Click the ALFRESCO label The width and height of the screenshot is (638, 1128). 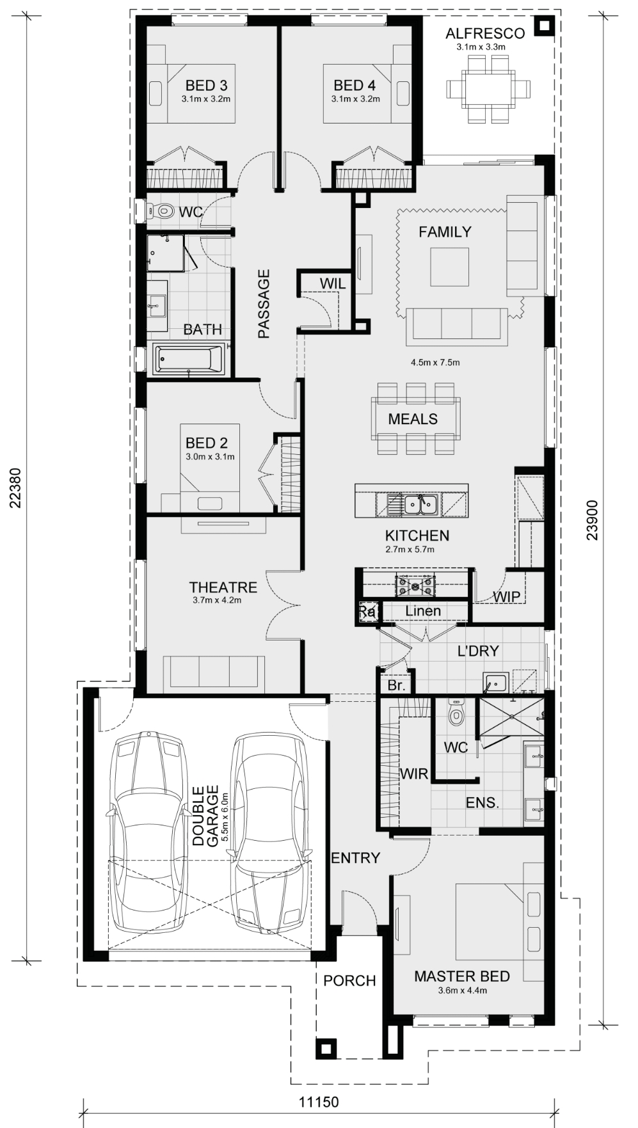click(484, 33)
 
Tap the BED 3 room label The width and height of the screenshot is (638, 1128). click(206, 85)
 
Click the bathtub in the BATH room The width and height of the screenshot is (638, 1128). click(189, 359)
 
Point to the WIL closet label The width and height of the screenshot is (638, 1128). click(332, 283)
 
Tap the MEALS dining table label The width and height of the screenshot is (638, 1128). click(413, 419)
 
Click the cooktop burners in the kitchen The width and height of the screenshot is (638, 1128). click(415, 584)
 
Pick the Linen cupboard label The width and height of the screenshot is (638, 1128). click(423, 611)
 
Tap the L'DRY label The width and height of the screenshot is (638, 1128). click(477, 651)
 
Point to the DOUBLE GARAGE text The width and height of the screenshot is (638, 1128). click(205, 816)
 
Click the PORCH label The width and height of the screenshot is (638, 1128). click(349, 980)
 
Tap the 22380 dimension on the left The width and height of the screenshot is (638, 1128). click(17, 489)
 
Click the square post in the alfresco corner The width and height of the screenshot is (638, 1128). click(543, 26)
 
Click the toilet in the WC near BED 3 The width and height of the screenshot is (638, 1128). click(161, 211)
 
